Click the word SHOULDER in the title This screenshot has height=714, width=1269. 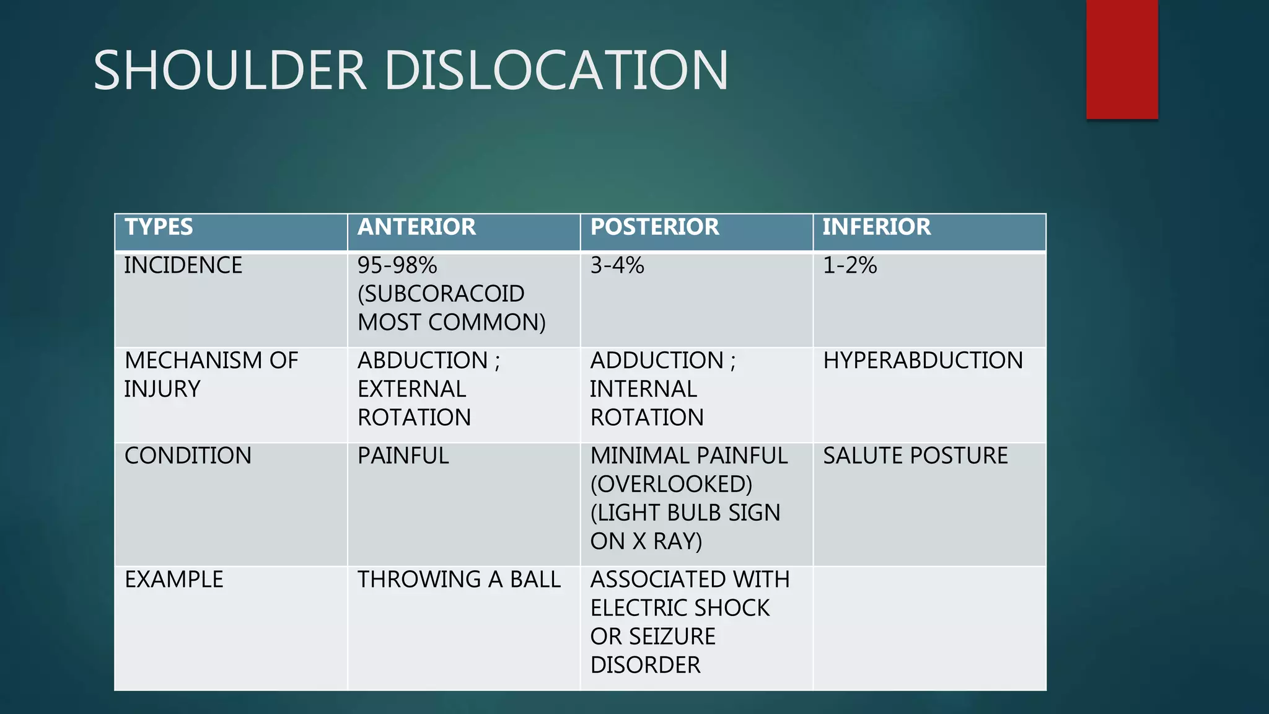[x=229, y=71]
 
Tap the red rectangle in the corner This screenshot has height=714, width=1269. [x=1122, y=59]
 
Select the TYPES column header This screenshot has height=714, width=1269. [x=159, y=227]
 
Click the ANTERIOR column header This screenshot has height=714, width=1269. [x=416, y=227]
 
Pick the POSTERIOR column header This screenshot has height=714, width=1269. [x=654, y=227]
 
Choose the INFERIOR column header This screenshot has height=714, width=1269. [x=876, y=227]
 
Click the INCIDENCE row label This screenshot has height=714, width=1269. [x=183, y=266]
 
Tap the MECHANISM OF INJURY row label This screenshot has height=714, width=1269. [x=211, y=374]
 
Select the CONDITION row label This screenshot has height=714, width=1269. [x=188, y=456]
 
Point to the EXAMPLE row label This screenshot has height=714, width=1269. [x=174, y=580]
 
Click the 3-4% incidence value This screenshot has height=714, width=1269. [x=617, y=266]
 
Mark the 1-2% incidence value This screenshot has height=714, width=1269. [x=850, y=266]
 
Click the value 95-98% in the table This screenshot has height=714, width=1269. [x=397, y=266]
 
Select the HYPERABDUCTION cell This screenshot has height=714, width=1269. [x=923, y=361]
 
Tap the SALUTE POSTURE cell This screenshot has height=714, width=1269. [x=915, y=456]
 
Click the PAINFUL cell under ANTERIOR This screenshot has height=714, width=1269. [x=403, y=456]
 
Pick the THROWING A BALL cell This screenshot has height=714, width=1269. [x=459, y=580]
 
